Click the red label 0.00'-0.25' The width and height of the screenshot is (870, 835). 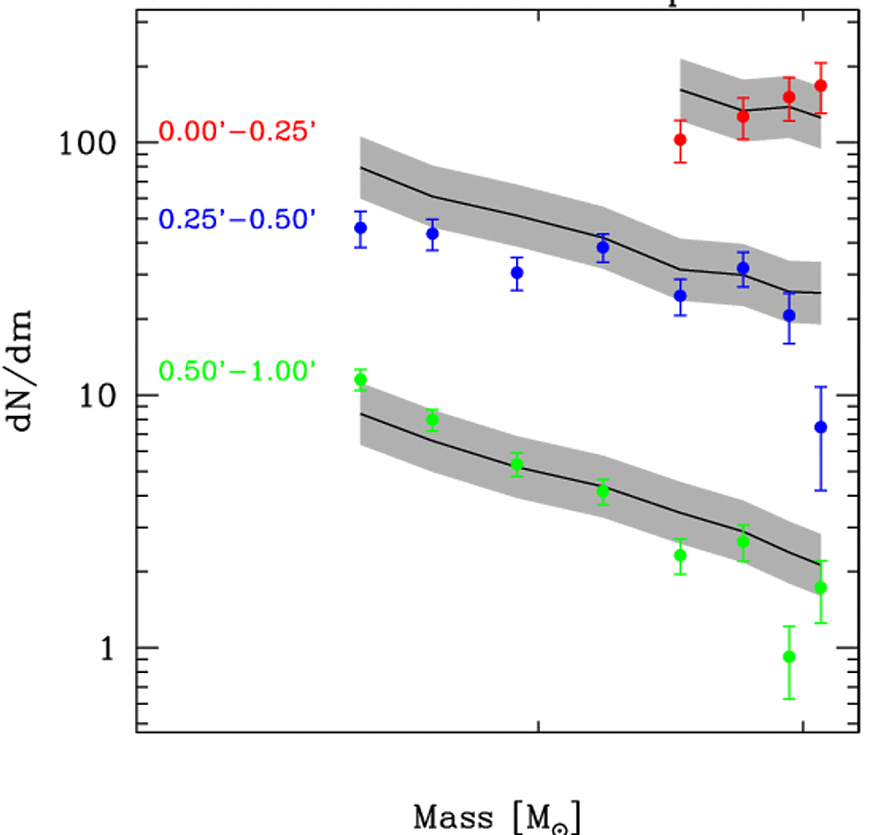[x=238, y=132]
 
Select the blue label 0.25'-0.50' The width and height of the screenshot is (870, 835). [x=238, y=219]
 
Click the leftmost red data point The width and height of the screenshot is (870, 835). [x=680, y=139]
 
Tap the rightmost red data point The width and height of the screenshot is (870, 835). [x=820, y=85]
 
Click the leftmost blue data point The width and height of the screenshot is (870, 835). [x=360, y=228]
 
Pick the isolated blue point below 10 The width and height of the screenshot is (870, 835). [x=820, y=427]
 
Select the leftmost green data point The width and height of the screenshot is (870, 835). [x=360, y=380]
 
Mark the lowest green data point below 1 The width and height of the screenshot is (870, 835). [x=788, y=657]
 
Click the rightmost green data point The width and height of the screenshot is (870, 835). [x=820, y=588]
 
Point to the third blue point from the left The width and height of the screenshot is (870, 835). [x=517, y=272]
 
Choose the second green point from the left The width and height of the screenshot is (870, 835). [x=432, y=419]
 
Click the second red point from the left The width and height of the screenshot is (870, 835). [x=743, y=116]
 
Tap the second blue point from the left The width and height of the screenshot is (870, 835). [x=432, y=234]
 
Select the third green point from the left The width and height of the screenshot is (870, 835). [x=517, y=464]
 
